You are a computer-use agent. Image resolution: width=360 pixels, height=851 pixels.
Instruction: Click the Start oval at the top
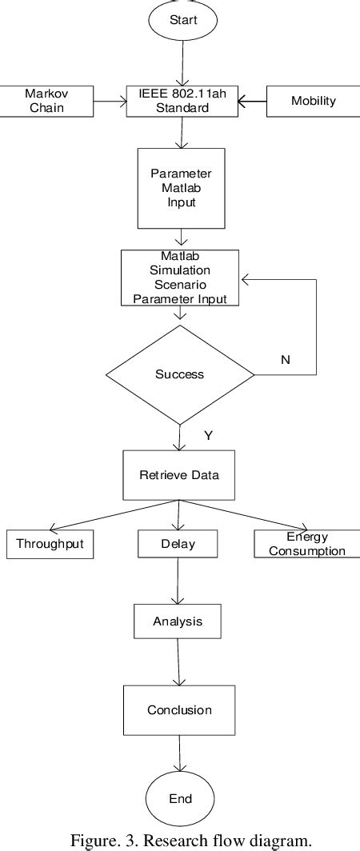point(182,19)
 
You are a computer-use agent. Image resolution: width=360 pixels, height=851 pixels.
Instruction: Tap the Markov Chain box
point(46,102)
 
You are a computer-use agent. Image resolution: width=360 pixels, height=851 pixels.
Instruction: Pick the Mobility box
point(313,102)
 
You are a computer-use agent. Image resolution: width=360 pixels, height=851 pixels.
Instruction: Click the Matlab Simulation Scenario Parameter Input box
point(180,278)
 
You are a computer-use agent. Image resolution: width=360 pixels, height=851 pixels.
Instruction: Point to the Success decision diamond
point(179,374)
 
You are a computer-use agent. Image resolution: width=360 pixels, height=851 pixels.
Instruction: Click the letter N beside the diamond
point(285,359)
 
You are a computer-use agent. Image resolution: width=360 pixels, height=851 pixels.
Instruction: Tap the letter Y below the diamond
point(209,435)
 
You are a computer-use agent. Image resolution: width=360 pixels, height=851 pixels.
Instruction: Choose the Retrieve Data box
point(180,474)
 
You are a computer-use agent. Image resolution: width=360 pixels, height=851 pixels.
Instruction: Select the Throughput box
point(50,545)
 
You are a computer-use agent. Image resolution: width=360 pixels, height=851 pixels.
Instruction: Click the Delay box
point(178,545)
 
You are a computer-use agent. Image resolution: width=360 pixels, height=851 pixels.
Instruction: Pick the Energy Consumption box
point(307,544)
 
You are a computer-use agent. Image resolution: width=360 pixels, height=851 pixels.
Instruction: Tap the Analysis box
point(178,621)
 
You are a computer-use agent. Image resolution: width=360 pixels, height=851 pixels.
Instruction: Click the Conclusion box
point(179,709)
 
